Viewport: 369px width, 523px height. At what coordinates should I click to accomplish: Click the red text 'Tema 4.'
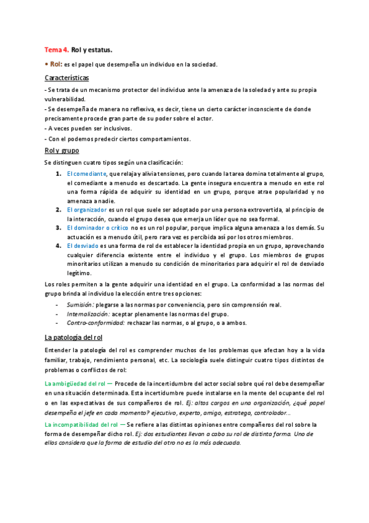(x=56, y=49)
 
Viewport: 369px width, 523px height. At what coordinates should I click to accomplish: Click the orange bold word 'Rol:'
(x=56, y=64)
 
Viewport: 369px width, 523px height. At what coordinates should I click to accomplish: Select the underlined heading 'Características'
(x=67, y=78)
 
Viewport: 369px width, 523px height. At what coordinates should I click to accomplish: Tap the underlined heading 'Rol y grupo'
(x=61, y=150)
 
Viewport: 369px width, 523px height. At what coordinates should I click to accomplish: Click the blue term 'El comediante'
(x=86, y=174)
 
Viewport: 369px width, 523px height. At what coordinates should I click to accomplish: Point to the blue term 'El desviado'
(x=83, y=246)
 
